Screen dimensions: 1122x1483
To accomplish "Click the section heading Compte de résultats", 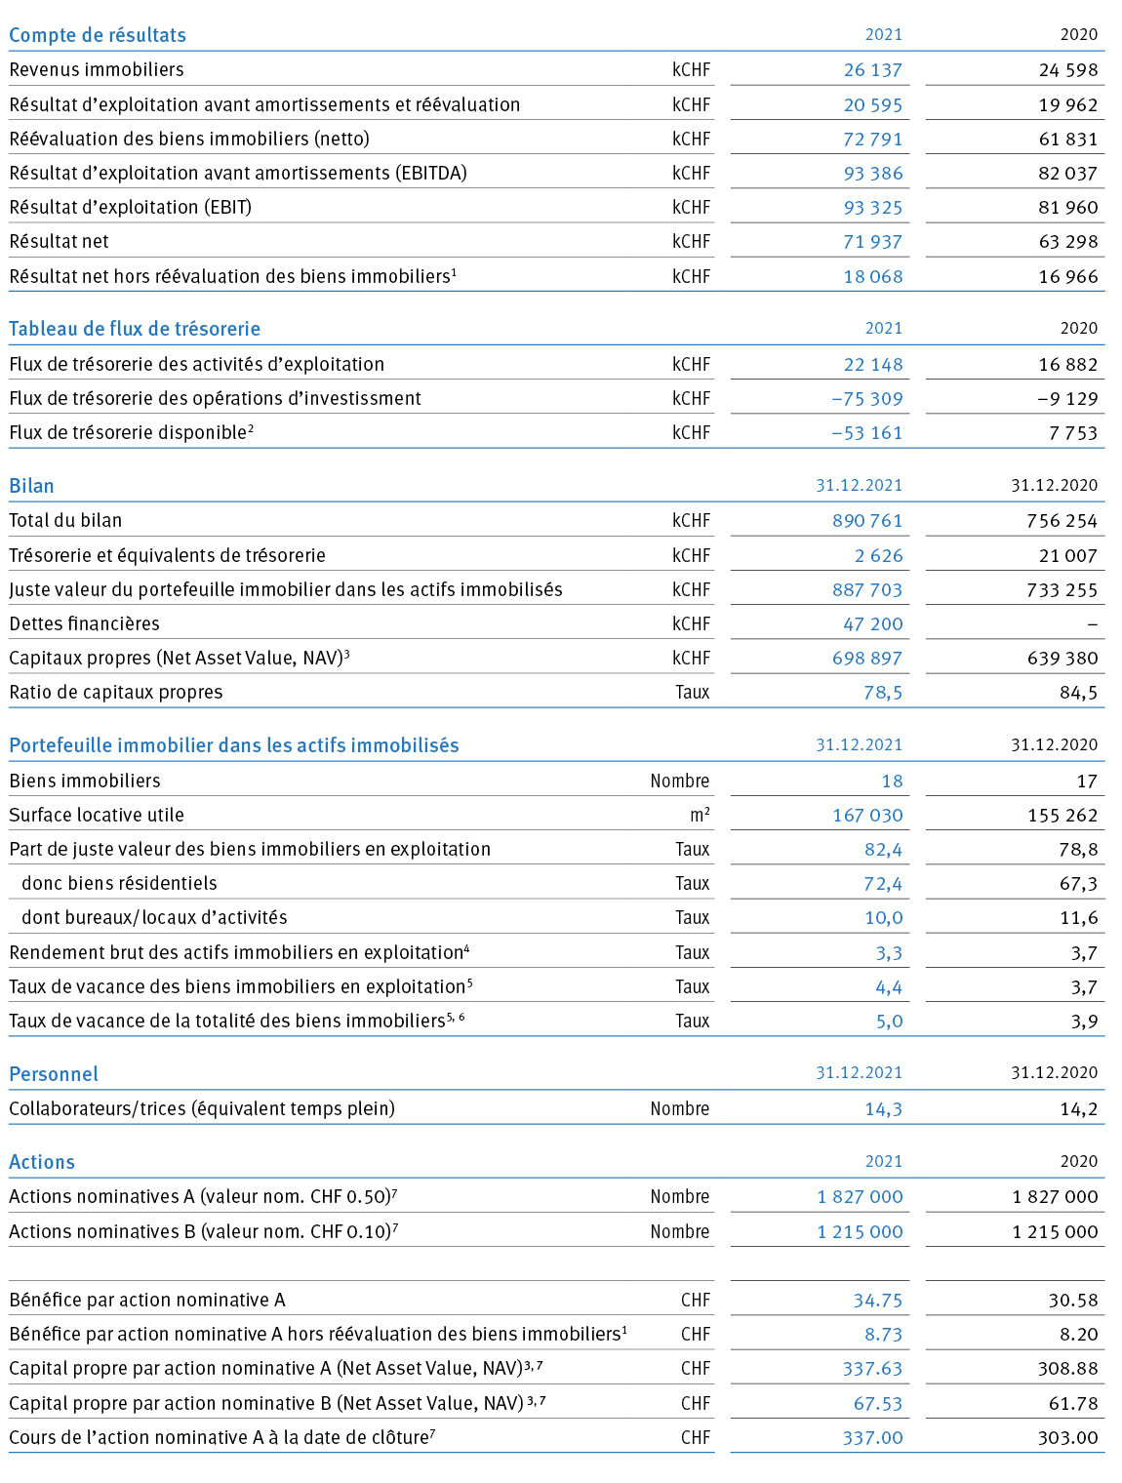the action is tap(98, 35).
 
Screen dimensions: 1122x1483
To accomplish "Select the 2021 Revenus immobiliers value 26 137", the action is tap(872, 70).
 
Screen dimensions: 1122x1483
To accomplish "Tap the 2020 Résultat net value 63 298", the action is tap(1068, 242).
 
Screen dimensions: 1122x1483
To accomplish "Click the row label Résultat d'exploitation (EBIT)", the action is tap(131, 208).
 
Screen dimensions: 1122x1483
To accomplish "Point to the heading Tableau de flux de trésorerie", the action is tap(135, 329).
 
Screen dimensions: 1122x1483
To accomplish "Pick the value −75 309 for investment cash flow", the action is tap(866, 399).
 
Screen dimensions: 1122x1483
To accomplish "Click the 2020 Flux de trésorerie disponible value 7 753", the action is tap(1073, 433).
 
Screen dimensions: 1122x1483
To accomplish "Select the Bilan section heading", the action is tap(31, 486).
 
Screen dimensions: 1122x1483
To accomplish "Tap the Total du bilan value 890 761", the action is tap(867, 521).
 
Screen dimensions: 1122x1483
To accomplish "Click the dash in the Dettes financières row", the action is tap(1093, 624).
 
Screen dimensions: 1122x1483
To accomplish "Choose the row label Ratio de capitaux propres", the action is tap(115, 693).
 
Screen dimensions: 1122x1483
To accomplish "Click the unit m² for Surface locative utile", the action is tap(700, 815).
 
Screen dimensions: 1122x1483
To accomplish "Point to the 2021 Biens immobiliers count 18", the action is tap(892, 782).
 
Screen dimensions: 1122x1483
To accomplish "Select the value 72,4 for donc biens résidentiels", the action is tap(883, 884).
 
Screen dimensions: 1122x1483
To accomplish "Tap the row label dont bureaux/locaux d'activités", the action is tap(154, 917).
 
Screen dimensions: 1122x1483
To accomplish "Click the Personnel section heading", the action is tap(54, 1074).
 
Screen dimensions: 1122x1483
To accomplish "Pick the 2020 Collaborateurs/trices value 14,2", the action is tap(1079, 1108).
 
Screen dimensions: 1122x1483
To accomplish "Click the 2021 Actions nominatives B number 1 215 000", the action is tap(860, 1231).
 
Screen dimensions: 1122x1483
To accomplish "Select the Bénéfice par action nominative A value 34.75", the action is tap(877, 1301).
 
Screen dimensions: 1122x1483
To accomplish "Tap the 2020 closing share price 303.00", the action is tap(1068, 1438).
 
